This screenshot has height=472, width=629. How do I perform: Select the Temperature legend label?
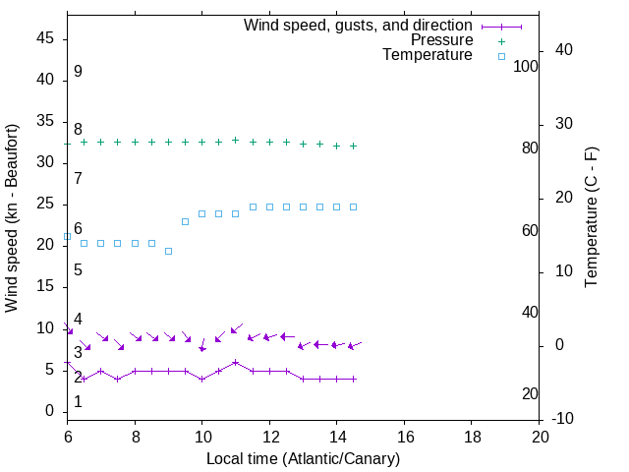[428, 56]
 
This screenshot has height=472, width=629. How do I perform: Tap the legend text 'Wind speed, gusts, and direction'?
[359, 25]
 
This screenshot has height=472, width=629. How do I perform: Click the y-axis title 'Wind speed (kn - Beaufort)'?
[12, 218]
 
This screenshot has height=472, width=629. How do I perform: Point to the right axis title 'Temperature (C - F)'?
[591, 218]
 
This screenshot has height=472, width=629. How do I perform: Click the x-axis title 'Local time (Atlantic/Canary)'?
[304, 459]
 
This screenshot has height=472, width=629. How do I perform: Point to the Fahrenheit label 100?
[527, 66]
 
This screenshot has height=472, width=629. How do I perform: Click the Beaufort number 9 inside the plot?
[78, 72]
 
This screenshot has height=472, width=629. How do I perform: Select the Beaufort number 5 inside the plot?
[78, 270]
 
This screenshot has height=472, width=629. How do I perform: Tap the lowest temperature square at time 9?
[168, 251]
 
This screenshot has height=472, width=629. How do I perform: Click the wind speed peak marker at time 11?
[236, 362]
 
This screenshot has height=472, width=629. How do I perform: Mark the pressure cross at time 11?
[236, 140]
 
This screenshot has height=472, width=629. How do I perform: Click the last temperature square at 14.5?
[354, 206]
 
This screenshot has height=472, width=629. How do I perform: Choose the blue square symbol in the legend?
[501, 56]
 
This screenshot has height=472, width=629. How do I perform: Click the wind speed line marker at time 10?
[202, 379]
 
